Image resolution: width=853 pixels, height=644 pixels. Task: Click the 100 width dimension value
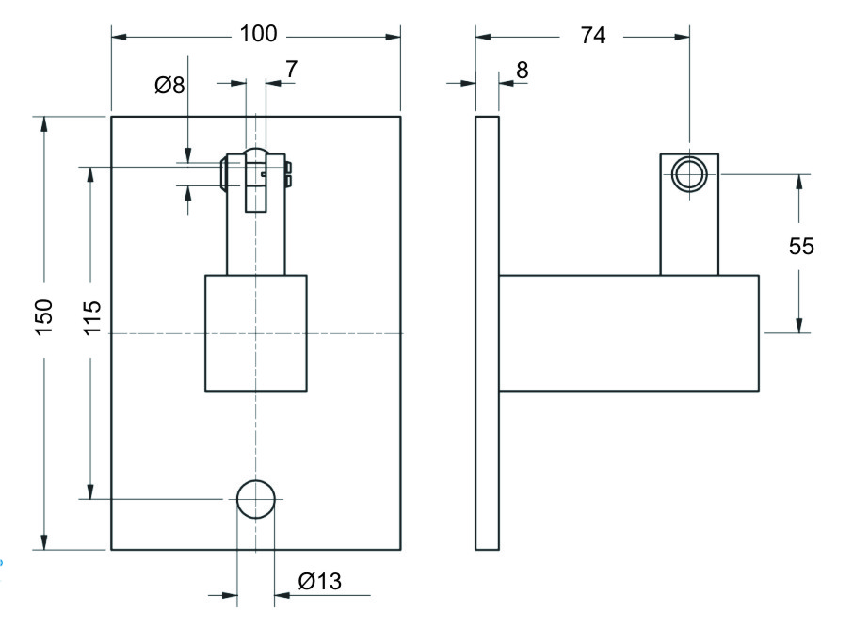click(258, 35)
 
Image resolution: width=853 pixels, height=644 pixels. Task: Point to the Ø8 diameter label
click(169, 86)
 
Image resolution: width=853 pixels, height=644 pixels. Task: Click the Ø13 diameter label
click(319, 581)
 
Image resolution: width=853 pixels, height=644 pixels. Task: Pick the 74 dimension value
click(592, 35)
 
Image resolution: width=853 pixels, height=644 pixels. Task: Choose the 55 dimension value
click(801, 247)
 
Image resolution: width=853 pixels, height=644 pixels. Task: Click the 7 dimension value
click(291, 68)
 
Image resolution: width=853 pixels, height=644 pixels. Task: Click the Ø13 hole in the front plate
click(256, 499)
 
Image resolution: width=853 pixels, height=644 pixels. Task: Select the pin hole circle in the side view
click(689, 174)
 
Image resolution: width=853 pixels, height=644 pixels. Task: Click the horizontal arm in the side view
click(628, 332)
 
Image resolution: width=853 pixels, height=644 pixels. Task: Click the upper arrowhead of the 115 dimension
click(90, 175)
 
